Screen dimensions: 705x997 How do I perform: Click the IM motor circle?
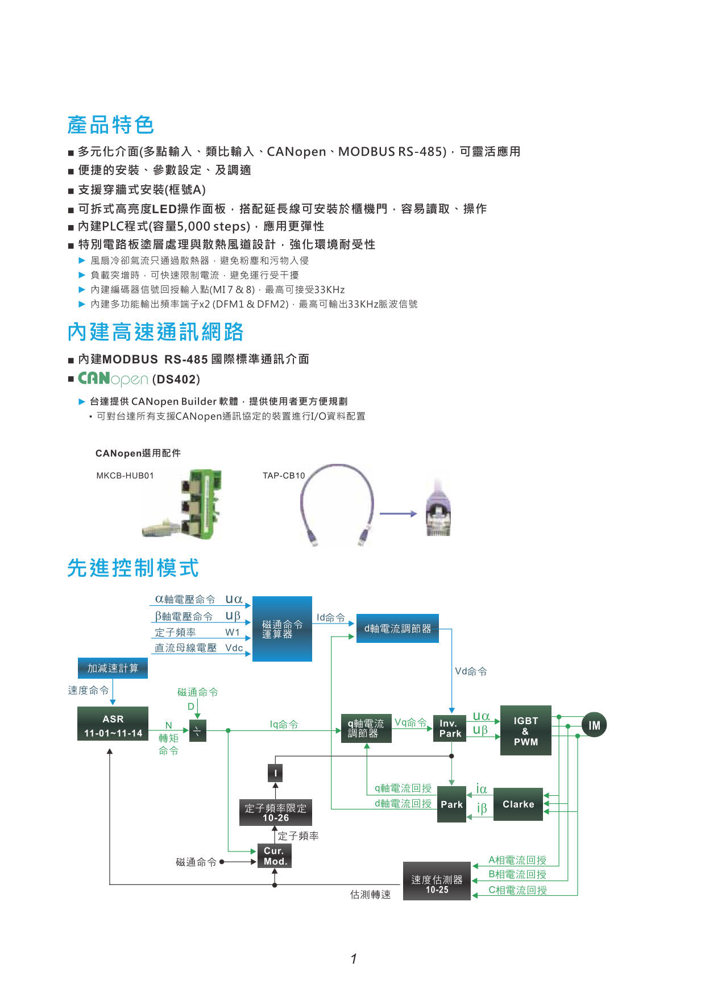coord(594,725)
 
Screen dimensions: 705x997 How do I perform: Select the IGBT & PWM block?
coord(525,730)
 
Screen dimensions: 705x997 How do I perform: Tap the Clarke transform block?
coord(518,804)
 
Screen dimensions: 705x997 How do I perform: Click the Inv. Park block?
coord(450,729)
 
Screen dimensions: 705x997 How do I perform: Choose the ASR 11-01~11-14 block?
coord(113,725)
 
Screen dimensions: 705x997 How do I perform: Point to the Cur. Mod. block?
coord(275,856)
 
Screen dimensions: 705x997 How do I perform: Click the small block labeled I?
coord(275,772)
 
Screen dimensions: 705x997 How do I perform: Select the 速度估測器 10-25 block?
coord(437,881)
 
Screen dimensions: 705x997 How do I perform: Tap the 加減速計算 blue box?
coord(113,668)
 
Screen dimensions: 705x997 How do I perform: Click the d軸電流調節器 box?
coord(397,629)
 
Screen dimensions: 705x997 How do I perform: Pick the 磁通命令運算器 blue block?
coord(282,629)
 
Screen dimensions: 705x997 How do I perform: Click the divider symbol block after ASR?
coord(197,730)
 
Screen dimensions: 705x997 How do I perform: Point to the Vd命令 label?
coord(471,671)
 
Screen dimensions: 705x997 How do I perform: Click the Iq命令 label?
coord(284,724)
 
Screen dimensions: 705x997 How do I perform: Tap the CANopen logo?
coord(113,379)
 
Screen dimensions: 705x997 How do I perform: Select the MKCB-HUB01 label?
coord(125,476)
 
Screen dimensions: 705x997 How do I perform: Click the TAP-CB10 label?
coord(284,476)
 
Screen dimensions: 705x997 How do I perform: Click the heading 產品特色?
coord(111,124)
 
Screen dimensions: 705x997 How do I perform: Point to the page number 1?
coord(354,959)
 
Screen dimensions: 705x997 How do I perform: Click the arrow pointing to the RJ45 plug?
coord(399,514)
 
